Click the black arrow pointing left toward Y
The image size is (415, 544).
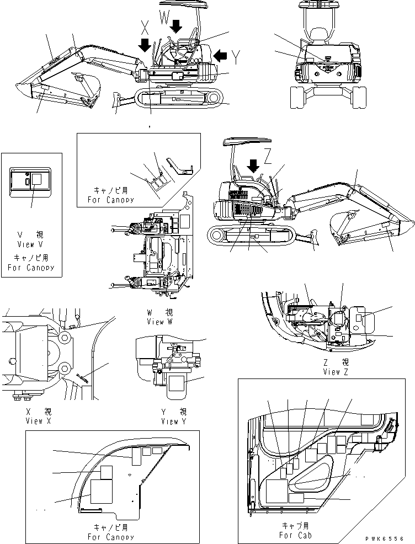point(220,55)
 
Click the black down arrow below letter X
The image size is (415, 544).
point(145,45)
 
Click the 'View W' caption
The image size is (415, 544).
point(156,322)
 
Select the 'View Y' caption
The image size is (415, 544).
point(170,422)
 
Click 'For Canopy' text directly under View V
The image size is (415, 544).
point(31,268)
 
